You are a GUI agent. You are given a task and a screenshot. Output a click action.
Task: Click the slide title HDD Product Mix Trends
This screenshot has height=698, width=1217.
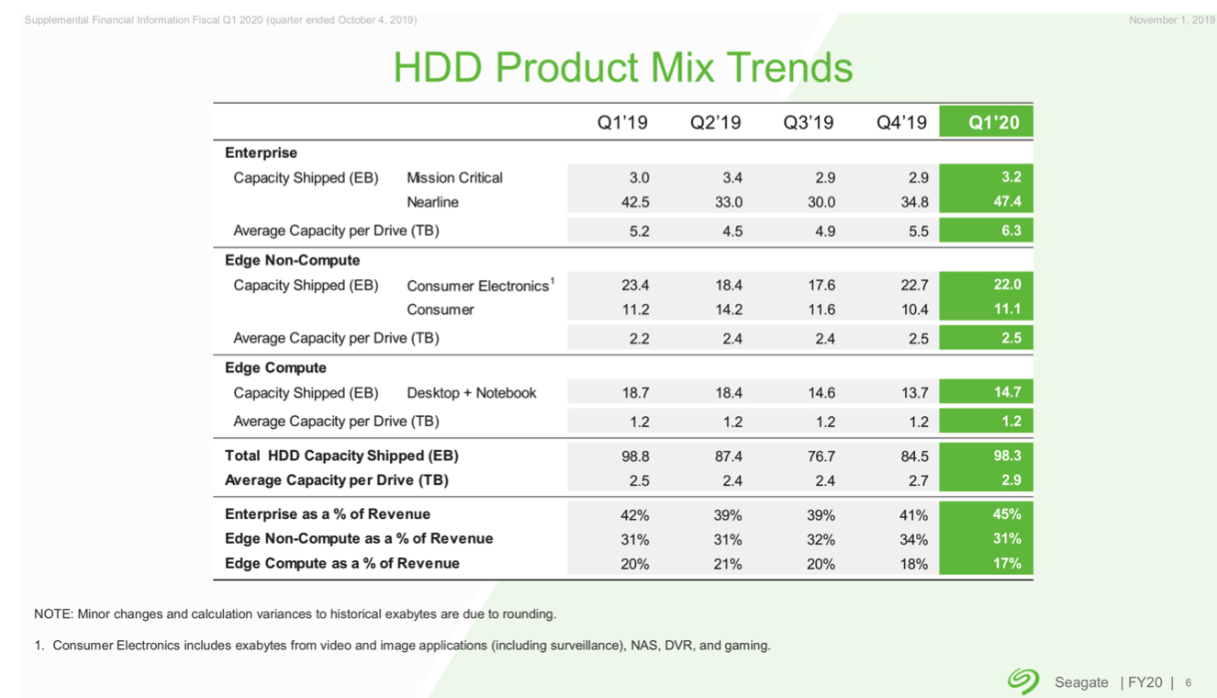(622, 67)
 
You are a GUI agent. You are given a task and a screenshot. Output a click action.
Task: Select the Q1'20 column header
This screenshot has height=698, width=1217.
(994, 122)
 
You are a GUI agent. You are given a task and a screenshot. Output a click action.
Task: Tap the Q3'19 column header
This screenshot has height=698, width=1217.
(808, 122)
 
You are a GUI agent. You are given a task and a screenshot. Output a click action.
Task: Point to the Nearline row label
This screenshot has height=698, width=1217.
(432, 202)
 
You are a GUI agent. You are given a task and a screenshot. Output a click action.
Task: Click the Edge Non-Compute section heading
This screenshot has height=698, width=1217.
(292, 260)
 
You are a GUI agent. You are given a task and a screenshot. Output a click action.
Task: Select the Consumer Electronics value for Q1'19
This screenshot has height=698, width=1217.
(635, 286)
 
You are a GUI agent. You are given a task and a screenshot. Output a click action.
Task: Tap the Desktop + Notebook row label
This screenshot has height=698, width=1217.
(471, 393)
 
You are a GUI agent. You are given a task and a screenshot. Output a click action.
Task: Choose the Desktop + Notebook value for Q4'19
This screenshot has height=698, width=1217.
(914, 393)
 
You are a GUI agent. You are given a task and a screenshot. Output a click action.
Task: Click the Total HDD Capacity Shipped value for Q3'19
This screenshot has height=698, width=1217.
(821, 456)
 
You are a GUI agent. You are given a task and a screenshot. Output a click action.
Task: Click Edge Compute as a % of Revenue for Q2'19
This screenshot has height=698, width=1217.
(728, 564)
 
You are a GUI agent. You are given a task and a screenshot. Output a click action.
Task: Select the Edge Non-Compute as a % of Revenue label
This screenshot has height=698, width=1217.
(358, 539)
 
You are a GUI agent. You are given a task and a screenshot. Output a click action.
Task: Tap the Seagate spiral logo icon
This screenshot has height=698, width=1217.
(1022, 681)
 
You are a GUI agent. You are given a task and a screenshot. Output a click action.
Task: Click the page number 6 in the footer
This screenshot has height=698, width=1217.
(1189, 683)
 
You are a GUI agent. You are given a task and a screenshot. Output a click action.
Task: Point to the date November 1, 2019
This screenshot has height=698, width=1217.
(1171, 20)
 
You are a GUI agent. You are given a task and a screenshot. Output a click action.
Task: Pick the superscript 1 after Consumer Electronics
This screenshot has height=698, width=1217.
(552, 280)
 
